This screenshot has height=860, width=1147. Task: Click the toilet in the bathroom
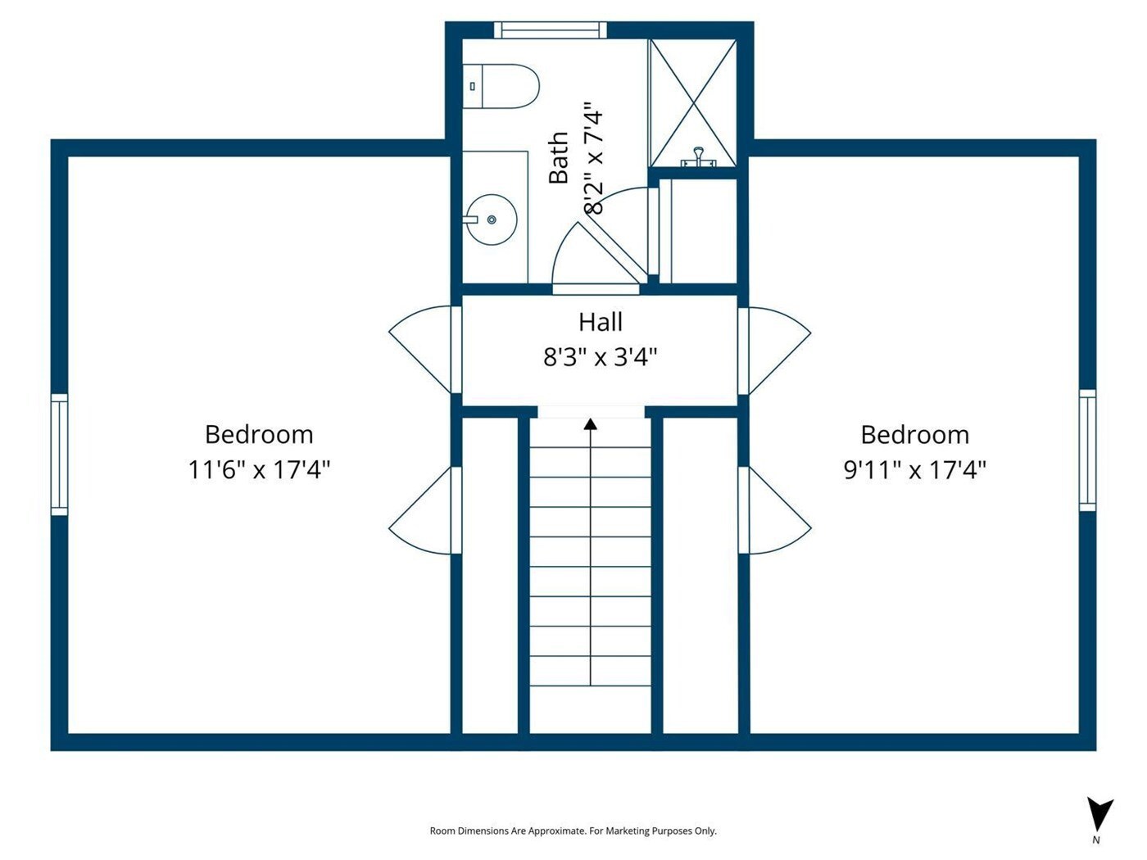[x=501, y=86]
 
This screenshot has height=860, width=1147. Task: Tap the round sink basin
[x=492, y=220]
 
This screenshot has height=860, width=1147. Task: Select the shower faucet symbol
[x=697, y=157]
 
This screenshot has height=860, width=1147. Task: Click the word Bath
[x=559, y=158]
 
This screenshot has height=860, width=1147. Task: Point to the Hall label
[x=601, y=322]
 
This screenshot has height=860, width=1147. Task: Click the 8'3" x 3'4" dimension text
[x=600, y=358]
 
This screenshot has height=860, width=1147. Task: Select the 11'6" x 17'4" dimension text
[x=259, y=469]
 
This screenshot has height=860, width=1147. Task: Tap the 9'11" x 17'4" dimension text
[x=915, y=470]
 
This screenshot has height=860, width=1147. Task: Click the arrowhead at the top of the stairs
[x=591, y=424]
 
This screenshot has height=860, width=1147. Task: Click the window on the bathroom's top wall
[x=551, y=29]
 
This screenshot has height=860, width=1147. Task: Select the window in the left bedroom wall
[x=60, y=455]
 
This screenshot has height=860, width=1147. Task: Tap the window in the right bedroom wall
[x=1087, y=450]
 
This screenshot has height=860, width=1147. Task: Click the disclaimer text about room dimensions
[x=573, y=831]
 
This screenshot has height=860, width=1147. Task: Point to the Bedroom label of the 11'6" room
[x=259, y=434]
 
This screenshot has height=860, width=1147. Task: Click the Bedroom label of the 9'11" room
[x=915, y=435]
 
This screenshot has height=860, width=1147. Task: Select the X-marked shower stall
[x=693, y=103]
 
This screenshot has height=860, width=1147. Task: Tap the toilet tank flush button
[x=473, y=86]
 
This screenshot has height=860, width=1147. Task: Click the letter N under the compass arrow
[x=1096, y=840]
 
